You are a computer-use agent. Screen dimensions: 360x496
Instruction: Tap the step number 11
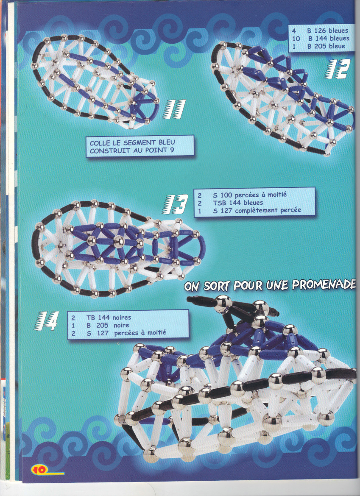pos(174,109)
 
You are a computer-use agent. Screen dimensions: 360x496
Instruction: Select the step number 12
pos(337,69)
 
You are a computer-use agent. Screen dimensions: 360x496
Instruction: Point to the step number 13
pos(176,204)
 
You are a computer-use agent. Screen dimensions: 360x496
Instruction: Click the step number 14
pos(46,321)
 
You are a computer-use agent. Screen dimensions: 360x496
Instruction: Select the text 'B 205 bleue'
pos(326,46)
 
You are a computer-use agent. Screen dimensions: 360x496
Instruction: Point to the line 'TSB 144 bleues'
pos(238,203)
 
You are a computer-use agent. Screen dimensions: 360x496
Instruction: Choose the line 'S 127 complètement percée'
pos(257,210)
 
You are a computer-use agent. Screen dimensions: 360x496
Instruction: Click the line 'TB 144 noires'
pos(109,317)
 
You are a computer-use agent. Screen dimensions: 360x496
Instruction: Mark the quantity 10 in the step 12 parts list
pos(296,39)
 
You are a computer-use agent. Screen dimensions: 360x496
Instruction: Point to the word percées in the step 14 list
pos(126,333)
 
